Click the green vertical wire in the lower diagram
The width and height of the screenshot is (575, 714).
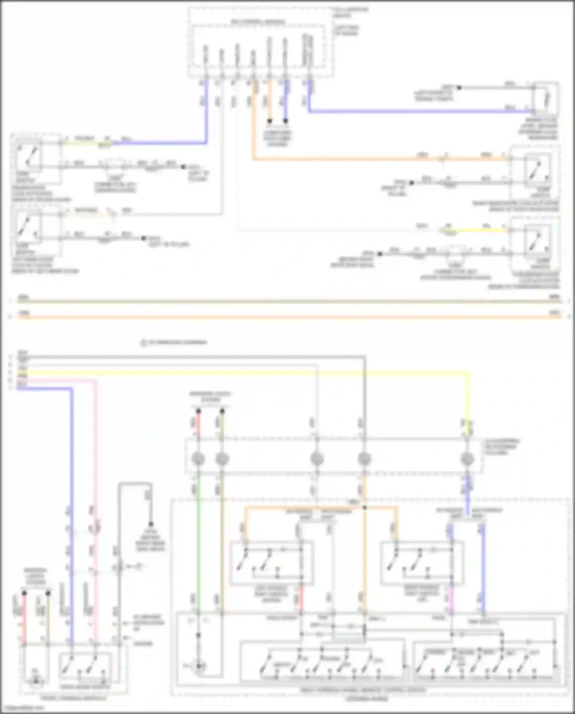[198, 545]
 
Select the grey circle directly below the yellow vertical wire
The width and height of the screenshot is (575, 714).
[467, 459]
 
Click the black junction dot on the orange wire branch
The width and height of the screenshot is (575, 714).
[365, 508]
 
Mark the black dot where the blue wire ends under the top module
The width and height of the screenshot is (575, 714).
[286, 121]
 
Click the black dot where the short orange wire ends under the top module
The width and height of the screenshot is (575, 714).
[269, 121]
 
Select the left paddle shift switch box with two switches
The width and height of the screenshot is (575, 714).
[271, 562]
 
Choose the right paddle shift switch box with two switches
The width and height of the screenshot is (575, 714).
[422, 562]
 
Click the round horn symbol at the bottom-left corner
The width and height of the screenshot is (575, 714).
[35, 681]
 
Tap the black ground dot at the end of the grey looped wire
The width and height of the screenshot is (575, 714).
[151, 524]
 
